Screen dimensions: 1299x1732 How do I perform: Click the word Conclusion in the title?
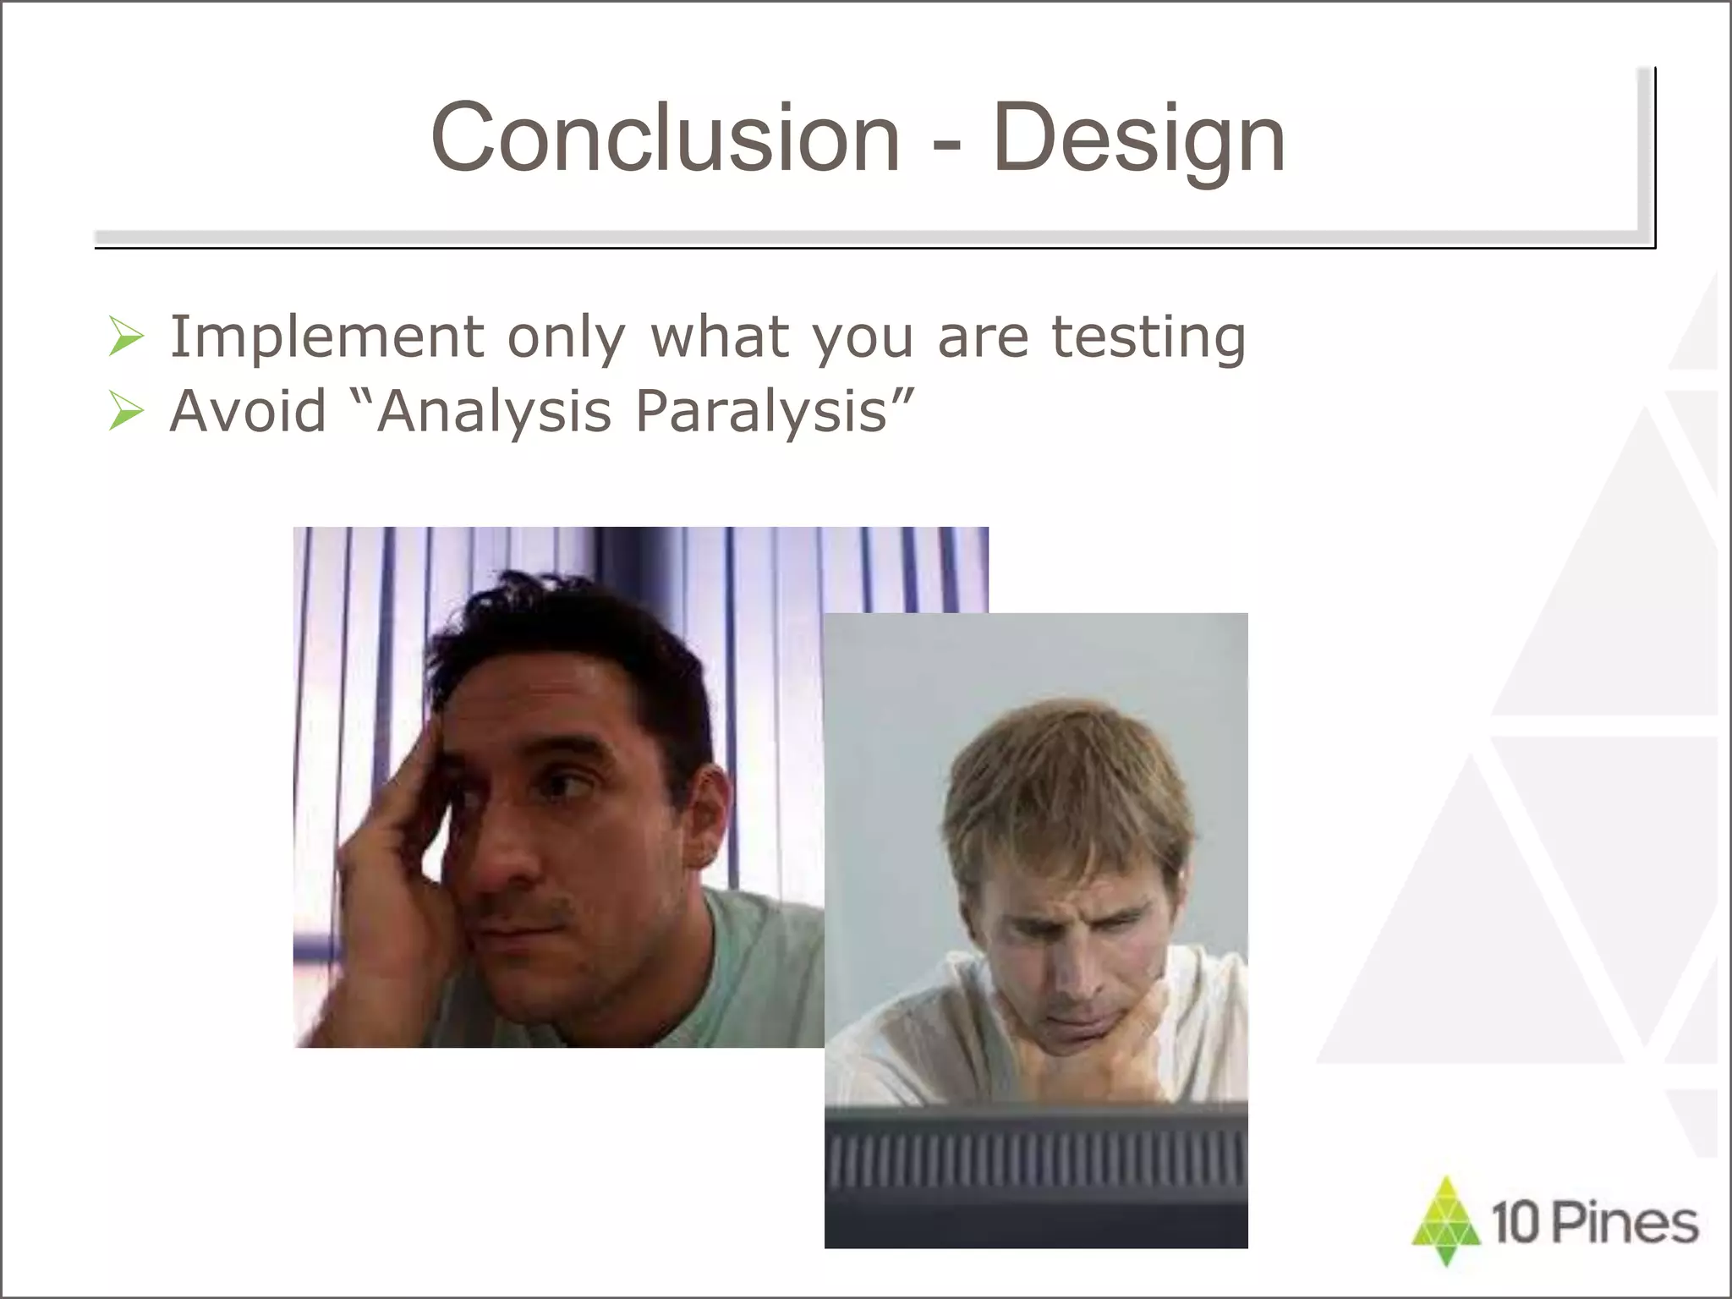tap(665, 138)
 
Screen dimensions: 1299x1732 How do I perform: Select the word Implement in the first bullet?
tap(326, 337)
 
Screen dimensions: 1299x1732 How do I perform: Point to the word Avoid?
tap(247, 411)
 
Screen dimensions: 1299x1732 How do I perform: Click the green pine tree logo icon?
tap(1446, 1220)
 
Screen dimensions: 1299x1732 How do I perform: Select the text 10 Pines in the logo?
tap(1594, 1225)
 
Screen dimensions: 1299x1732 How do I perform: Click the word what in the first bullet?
tap(720, 337)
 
